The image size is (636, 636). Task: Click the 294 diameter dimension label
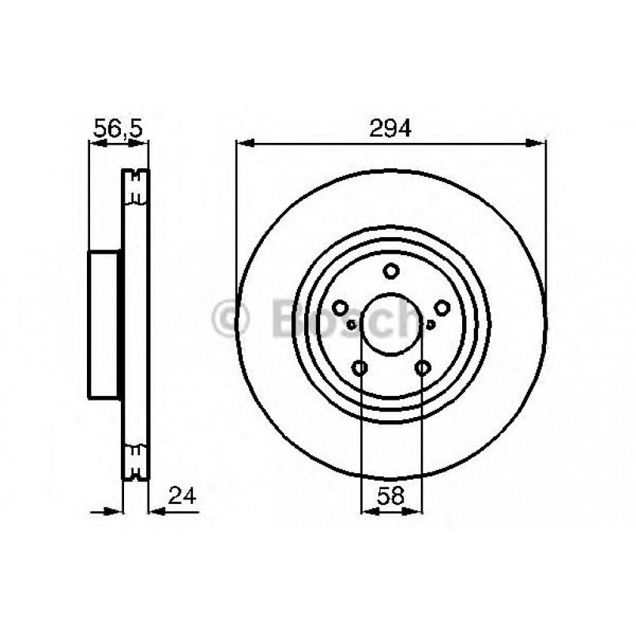[x=391, y=128]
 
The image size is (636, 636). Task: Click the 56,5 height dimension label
[x=118, y=128]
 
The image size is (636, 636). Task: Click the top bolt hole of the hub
[x=391, y=272]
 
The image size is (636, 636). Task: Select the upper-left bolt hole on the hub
[x=341, y=308]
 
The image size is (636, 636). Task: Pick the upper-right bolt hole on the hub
[x=441, y=308]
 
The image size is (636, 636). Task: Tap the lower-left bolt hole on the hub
[x=360, y=367]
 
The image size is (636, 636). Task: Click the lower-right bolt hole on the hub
[x=422, y=367]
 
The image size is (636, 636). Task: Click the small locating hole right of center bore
[x=430, y=323]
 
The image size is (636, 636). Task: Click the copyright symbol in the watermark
[x=231, y=320]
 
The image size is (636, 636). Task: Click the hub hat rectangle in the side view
[x=104, y=324]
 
